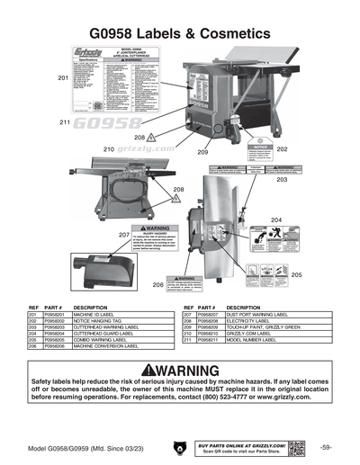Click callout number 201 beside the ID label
pyautogui.click(x=63, y=78)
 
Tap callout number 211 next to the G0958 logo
pyautogui.click(x=65, y=121)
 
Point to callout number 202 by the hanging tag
pyautogui.click(x=282, y=148)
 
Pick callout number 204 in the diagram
pyautogui.click(x=276, y=219)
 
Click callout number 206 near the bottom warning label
pyautogui.click(x=157, y=284)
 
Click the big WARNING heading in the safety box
pyautogui.click(x=180, y=371)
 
